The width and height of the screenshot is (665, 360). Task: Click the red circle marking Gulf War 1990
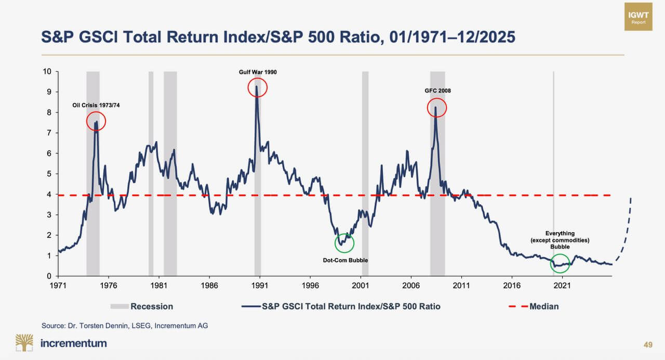click(x=257, y=88)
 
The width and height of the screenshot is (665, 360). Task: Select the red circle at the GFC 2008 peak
click(x=437, y=108)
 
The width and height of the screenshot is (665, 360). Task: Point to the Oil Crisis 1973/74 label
click(x=96, y=106)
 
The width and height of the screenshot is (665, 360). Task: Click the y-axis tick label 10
click(x=47, y=72)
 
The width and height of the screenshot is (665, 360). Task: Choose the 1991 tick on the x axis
click(x=259, y=286)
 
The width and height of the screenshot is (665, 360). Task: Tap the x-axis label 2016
click(x=512, y=286)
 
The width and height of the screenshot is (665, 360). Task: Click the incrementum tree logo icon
click(x=23, y=343)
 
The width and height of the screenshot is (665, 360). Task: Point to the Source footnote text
click(x=125, y=325)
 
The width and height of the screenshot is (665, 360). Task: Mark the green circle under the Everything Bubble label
click(x=560, y=263)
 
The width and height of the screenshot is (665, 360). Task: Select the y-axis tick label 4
click(x=49, y=194)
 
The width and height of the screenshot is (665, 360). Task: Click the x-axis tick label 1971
click(x=58, y=286)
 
